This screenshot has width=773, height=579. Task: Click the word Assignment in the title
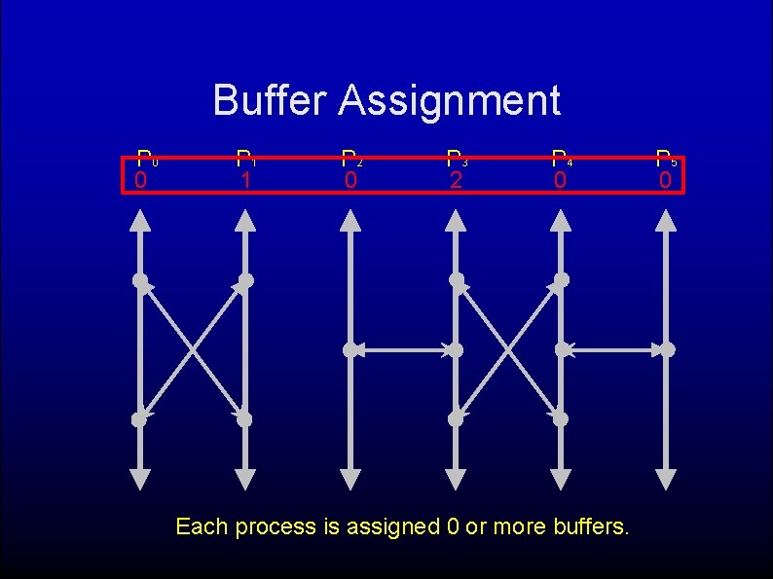point(450,100)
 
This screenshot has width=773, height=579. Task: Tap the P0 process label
point(146,159)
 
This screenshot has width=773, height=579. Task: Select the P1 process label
point(247,159)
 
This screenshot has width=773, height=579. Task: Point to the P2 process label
point(351,159)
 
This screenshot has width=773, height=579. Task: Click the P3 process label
point(456,159)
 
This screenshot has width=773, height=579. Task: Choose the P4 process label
point(561,159)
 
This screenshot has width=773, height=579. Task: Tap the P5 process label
point(666,159)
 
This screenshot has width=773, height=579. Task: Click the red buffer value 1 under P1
point(246,181)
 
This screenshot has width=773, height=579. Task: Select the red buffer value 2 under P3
point(455,181)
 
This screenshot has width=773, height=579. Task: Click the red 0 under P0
point(141,181)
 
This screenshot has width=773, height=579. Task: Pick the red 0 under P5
point(665,181)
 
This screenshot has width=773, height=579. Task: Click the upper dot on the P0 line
point(141,281)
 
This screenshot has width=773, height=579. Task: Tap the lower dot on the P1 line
point(244,419)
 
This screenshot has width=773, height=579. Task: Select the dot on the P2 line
point(350,349)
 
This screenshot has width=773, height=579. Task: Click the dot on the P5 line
point(667,349)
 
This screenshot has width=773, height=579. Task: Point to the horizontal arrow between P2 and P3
point(403,349)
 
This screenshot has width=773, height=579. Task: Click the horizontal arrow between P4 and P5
point(614,349)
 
